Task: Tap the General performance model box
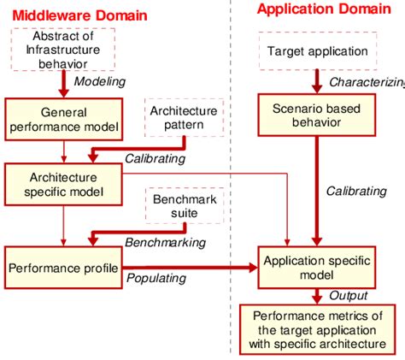[62, 119]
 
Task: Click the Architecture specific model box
[62, 184]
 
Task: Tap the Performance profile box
[62, 269]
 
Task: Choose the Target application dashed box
[317, 51]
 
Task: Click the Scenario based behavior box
[317, 116]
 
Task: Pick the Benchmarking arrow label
[166, 243]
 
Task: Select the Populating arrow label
[157, 279]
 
